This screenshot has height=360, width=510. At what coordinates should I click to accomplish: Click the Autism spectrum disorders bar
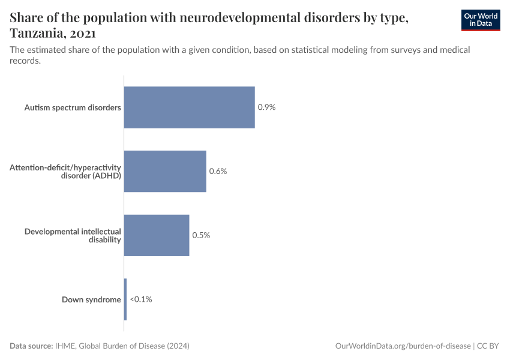[x=189, y=107]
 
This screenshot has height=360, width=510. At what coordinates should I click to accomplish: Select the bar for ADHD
[x=165, y=171]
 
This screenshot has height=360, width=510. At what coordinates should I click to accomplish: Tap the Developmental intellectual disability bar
[x=157, y=235]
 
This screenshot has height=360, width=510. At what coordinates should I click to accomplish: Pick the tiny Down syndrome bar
[x=125, y=299]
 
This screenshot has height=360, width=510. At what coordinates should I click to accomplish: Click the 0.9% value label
[x=266, y=107]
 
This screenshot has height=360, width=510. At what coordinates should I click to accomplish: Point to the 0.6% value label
[x=218, y=172]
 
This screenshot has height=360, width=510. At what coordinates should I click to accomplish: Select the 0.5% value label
[x=201, y=235]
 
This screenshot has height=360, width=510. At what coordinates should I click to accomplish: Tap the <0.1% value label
[x=141, y=299]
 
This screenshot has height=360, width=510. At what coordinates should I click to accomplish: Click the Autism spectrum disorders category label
[x=73, y=108]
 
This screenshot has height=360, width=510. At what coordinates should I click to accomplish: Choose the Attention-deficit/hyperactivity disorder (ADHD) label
[x=65, y=172]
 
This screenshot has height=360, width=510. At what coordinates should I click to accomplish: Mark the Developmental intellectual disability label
[x=73, y=235]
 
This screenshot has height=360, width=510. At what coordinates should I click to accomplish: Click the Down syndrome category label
[x=91, y=299]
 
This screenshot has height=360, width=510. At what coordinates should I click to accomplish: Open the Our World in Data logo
[x=480, y=20]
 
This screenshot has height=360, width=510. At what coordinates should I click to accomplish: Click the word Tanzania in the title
[x=37, y=32]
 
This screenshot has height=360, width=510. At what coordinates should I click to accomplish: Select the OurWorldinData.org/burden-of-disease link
[x=403, y=346]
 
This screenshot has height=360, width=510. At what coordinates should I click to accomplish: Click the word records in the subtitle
[x=25, y=61]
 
